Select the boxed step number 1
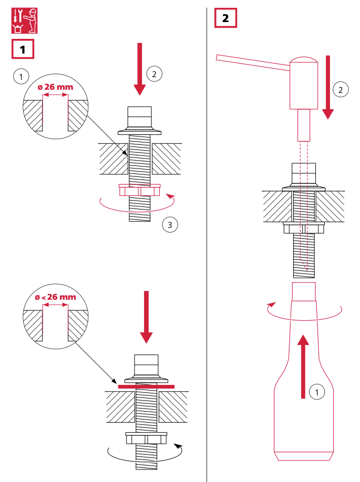23,50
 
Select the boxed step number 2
225,18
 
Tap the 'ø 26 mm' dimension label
55,87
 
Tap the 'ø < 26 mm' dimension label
55,297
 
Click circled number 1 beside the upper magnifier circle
20,77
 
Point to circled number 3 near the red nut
170,225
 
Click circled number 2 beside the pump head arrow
341,90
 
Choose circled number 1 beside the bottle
316,391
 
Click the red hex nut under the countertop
139,190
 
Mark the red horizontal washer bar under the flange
146,386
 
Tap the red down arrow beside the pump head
328,87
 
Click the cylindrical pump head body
304,84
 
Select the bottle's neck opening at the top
304,290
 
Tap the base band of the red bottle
304,455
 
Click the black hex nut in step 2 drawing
304,228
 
